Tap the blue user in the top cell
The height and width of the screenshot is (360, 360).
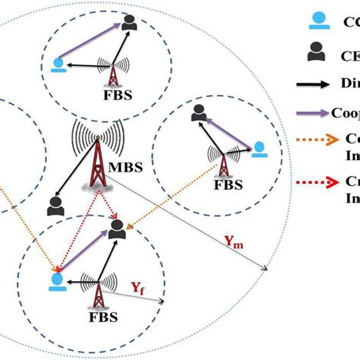[57, 65]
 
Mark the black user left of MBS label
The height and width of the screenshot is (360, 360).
[54, 205]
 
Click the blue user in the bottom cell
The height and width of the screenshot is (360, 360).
[55, 280]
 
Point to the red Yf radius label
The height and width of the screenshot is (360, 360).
[137, 287]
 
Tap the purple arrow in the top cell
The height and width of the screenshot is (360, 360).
[91, 45]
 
